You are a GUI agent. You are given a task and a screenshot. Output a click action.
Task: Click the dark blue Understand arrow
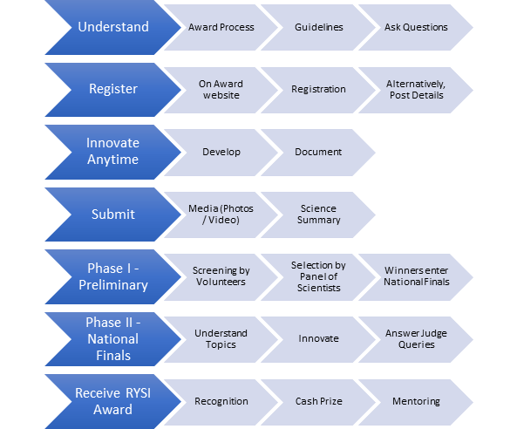click(x=113, y=27)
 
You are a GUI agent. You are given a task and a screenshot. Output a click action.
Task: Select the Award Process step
click(x=221, y=27)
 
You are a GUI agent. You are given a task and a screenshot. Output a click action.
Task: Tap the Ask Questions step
click(x=416, y=27)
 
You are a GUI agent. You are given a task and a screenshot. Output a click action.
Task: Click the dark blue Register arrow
click(x=113, y=89)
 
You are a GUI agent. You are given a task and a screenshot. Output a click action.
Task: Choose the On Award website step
click(x=221, y=90)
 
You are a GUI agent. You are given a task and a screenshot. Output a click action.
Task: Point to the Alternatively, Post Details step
click(x=416, y=90)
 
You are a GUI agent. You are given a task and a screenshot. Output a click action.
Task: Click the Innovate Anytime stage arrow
click(x=113, y=152)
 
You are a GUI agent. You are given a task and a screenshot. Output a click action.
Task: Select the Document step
click(x=318, y=153)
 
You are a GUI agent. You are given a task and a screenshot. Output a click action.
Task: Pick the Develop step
click(x=221, y=153)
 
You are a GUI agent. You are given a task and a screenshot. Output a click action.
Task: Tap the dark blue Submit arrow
click(x=113, y=214)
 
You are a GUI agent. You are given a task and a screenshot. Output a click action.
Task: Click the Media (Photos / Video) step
click(x=221, y=214)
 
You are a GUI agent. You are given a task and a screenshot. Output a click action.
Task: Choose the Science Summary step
click(x=318, y=214)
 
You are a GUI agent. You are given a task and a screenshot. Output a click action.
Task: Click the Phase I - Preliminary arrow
click(x=113, y=276)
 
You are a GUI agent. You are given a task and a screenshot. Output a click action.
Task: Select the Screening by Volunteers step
click(x=221, y=277)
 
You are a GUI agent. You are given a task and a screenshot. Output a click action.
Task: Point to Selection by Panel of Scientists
click(x=318, y=277)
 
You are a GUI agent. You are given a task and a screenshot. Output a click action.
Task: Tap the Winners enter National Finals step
click(x=416, y=277)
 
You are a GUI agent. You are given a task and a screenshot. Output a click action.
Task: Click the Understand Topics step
click(x=221, y=339)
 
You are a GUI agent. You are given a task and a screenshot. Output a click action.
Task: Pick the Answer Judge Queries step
click(x=416, y=339)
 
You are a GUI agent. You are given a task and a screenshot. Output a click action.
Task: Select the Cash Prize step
click(x=318, y=402)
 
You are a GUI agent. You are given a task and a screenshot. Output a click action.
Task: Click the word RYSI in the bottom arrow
click(x=138, y=393)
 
